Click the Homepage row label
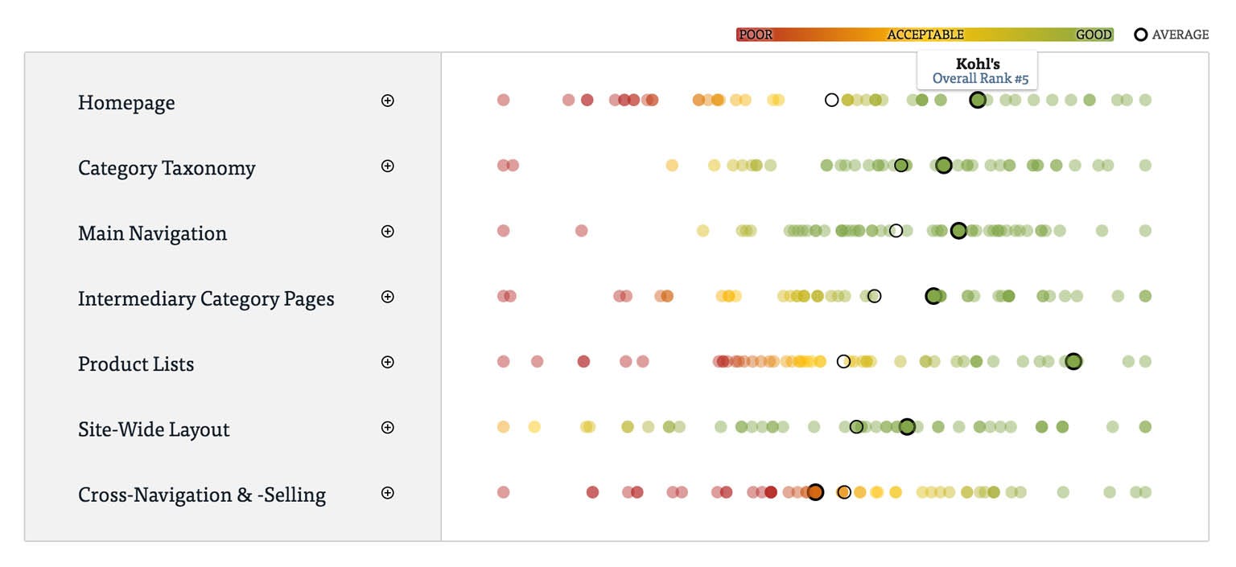(x=126, y=103)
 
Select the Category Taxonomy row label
(x=167, y=168)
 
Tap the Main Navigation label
(x=152, y=233)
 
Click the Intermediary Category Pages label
(x=206, y=298)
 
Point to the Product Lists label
(x=136, y=364)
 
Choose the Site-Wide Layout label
(x=154, y=429)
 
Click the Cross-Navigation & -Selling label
(x=202, y=495)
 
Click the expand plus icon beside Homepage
(x=388, y=101)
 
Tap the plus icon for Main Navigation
(x=388, y=231)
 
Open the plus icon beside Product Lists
(x=388, y=362)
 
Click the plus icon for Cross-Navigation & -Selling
(x=388, y=492)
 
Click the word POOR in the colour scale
(x=755, y=35)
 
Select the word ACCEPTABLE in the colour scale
(x=925, y=35)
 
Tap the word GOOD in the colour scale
(x=1094, y=35)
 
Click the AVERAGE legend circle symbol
(x=1140, y=35)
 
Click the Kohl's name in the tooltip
(x=978, y=64)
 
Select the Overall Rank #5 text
(x=980, y=79)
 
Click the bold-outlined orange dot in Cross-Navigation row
(x=815, y=492)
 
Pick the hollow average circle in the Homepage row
(x=832, y=100)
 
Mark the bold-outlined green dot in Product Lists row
(x=1073, y=361)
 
